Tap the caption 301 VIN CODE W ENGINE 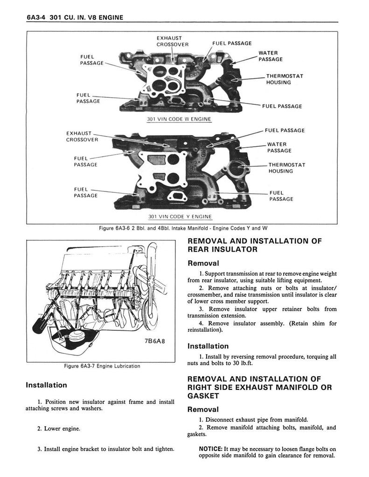(179, 119)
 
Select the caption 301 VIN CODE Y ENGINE (179, 217)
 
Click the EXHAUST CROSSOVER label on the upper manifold (172, 41)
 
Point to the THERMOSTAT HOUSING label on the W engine (285, 79)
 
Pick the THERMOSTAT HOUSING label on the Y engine (286, 168)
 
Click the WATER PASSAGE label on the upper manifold (271, 56)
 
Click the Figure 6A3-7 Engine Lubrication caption (102, 366)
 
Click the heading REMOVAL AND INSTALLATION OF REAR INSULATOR (254, 245)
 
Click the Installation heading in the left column (46, 385)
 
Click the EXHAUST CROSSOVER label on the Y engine (82, 136)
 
